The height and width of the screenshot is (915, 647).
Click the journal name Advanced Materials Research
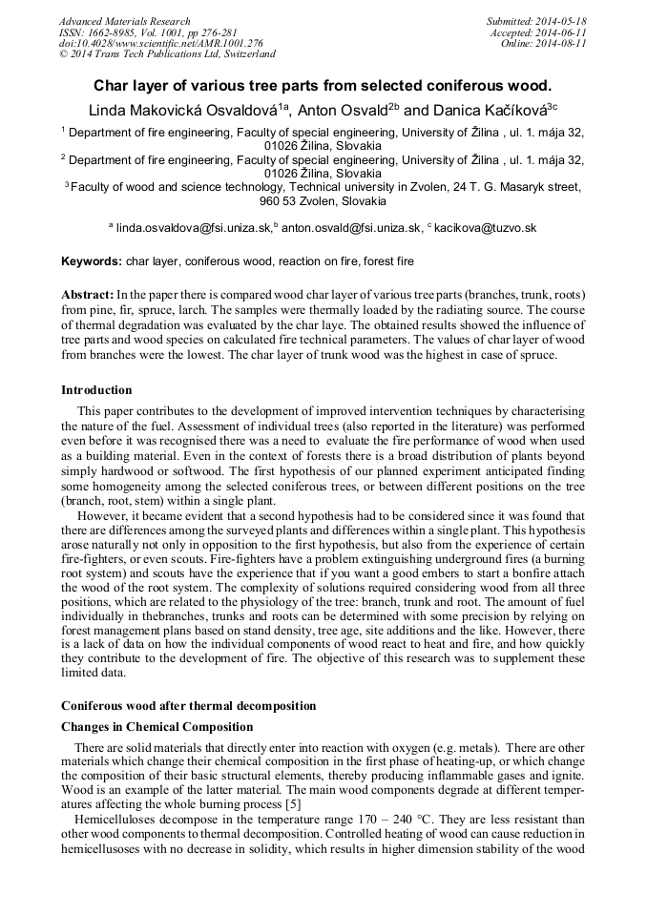pos(124,21)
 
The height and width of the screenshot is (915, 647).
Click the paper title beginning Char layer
pos(323,85)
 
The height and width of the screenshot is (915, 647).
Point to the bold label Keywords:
pos(92,260)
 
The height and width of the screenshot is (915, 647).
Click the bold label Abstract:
pos(88,295)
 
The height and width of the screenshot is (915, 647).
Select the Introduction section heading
pos(96,389)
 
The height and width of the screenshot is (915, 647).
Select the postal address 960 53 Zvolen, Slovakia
pos(323,201)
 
